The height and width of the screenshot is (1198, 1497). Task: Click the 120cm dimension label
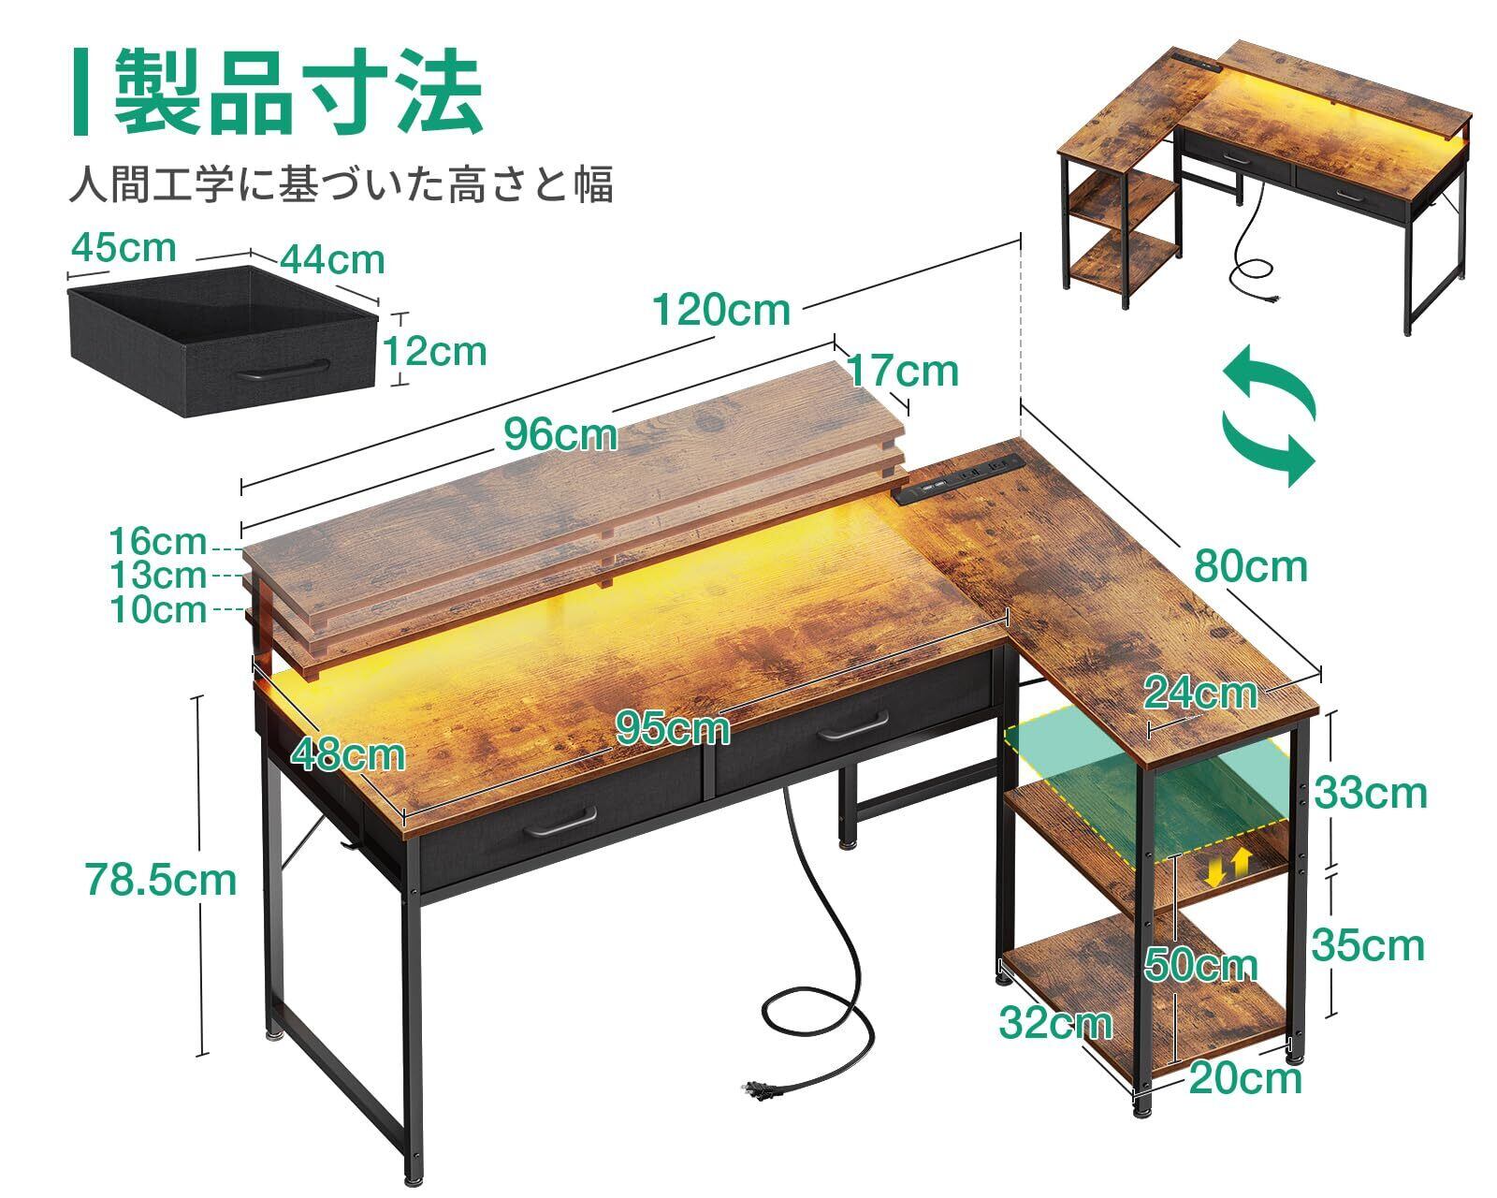point(720,310)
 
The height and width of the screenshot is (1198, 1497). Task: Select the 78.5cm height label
point(161,880)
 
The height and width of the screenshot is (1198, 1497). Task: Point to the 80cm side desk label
point(1250,566)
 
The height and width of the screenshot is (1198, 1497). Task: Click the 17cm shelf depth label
point(903,371)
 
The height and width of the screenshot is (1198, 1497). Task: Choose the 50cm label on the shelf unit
point(1201,965)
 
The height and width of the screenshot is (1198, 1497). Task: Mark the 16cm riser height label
point(157,541)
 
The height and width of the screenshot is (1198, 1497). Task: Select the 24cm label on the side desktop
point(1201,693)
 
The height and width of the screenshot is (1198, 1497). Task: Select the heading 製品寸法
point(298,94)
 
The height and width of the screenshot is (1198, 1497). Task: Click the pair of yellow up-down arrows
point(1227,866)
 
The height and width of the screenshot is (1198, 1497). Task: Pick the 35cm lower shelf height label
point(1367,945)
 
